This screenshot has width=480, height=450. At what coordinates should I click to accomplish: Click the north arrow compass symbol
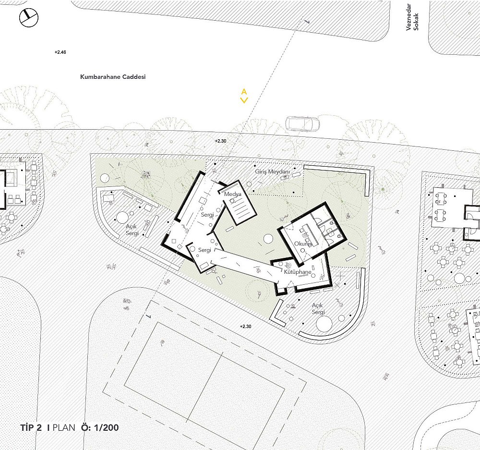click(x=29, y=17)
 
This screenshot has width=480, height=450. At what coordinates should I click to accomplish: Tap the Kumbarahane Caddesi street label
click(x=113, y=77)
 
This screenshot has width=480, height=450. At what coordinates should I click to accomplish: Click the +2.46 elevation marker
click(x=60, y=52)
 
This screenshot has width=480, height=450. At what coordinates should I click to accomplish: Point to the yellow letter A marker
click(x=244, y=92)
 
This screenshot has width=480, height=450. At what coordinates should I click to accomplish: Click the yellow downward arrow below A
click(x=244, y=100)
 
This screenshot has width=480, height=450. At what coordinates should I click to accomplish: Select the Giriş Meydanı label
click(x=272, y=171)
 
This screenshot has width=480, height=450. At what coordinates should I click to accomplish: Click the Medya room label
click(x=233, y=194)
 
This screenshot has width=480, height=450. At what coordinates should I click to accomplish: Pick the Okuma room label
click(x=303, y=244)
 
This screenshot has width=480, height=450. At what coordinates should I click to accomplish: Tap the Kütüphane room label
click(x=298, y=272)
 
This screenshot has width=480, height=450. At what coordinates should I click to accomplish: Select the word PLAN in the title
click(x=64, y=427)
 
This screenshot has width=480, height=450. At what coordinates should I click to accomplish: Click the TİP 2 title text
click(x=31, y=427)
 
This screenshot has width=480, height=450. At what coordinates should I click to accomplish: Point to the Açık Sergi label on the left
click(x=132, y=230)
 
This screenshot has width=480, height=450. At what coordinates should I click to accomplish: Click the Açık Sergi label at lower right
click(x=318, y=309)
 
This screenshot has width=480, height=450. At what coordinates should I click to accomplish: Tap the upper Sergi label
click(x=207, y=215)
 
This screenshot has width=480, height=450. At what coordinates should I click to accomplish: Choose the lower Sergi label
click(x=204, y=250)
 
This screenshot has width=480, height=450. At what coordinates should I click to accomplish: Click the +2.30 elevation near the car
click(x=220, y=141)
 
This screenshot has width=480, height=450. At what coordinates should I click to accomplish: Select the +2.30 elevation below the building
click(x=245, y=327)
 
